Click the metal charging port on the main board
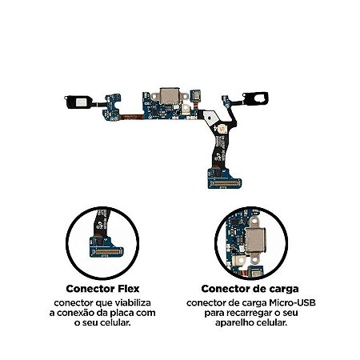(x=170, y=96)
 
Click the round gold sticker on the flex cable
(x=222, y=129)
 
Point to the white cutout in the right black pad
(x=259, y=98)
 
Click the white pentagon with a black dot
(x=210, y=117)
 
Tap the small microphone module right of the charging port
(x=195, y=94)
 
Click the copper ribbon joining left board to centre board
(x=132, y=116)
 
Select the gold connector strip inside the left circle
(x=107, y=251)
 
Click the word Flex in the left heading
(x=128, y=289)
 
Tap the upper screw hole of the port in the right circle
(x=254, y=221)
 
